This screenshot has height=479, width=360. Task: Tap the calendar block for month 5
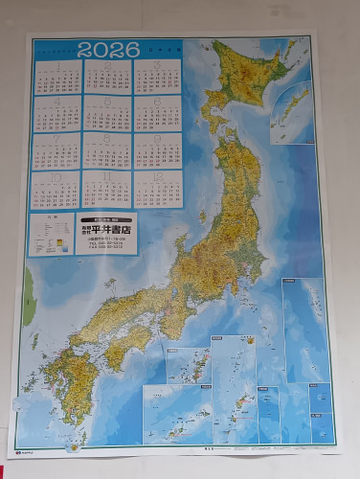(x=106, y=113)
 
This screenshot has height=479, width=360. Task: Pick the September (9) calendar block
(x=158, y=149)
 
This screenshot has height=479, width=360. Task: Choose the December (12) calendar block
(x=158, y=189)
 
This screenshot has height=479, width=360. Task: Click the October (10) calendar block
(x=56, y=189)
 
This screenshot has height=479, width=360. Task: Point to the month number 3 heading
(x=158, y=64)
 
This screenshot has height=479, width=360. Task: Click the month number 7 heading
(x=56, y=136)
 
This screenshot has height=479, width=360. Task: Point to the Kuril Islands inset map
(x=290, y=114)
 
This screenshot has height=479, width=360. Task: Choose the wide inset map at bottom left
(x=176, y=412)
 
